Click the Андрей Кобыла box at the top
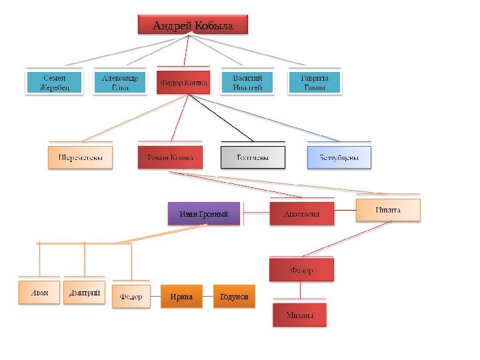(193, 25)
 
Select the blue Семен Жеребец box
(53, 83)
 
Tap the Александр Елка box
(119, 83)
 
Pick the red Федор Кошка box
(183, 83)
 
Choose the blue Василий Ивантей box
(247, 83)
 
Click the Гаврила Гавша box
(315, 83)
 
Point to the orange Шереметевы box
(80, 157)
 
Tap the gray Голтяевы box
(253, 157)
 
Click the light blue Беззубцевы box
(339, 157)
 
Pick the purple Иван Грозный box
(204, 214)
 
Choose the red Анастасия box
(301, 214)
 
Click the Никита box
(388, 210)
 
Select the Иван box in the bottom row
(39, 293)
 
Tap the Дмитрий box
(84, 293)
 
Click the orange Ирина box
(181, 296)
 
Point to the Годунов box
(233, 296)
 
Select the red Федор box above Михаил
(301, 270)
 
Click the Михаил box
(300, 315)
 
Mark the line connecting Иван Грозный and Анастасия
(255, 213)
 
